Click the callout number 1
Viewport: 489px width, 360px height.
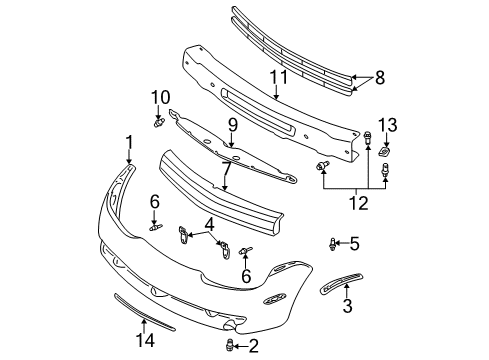(128, 142)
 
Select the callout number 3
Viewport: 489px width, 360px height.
(347, 306)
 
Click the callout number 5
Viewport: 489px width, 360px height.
(353, 242)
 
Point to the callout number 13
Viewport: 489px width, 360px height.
(390, 123)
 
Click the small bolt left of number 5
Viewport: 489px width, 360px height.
(332, 242)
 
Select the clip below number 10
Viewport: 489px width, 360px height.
(159, 123)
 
